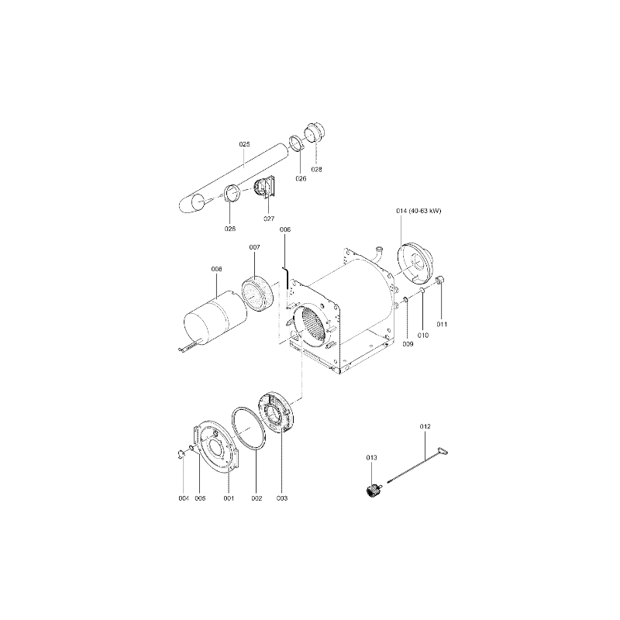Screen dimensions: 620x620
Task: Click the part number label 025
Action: coord(244,144)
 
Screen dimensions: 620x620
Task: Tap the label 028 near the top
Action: coord(316,169)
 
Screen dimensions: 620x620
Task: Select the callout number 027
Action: coord(269,219)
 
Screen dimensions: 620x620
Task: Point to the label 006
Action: coord(285,229)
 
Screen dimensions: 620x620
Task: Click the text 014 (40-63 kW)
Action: coord(418,211)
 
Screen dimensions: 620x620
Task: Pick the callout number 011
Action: coord(442,324)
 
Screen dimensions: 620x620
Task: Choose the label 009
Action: coord(408,344)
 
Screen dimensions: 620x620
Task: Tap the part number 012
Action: coord(425,426)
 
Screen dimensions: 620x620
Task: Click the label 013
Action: coord(372,457)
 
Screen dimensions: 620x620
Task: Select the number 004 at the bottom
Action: coord(184,498)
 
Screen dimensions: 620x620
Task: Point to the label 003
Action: coord(282,498)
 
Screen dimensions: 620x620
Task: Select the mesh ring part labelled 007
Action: coord(257,293)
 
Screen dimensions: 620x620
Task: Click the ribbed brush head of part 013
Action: coord(371,491)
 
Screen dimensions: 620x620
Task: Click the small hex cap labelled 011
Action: coord(441,281)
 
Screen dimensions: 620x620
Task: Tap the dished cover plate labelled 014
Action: coord(415,263)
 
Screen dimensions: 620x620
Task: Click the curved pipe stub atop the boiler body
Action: coord(378,253)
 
